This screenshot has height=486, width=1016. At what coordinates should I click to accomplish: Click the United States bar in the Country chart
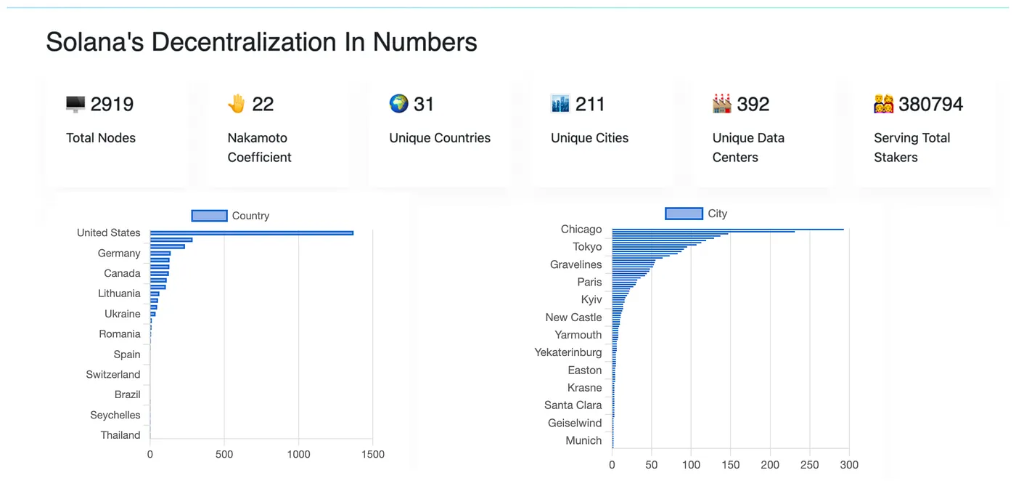click(x=251, y=233)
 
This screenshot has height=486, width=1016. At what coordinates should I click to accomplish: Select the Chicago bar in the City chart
click(x=727, y=230)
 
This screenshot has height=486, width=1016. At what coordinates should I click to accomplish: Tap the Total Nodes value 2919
click(x=112, y=105)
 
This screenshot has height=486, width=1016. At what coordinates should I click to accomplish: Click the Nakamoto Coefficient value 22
click(x=263, y=105)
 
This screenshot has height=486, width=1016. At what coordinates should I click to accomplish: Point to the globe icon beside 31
click(x=398, y=104)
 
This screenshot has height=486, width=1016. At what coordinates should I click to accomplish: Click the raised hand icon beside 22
click(x=237, y=104)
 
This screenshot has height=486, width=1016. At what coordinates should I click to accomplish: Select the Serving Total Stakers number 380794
click(x=930, y=105)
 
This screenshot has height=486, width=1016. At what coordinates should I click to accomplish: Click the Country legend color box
click(x=209, y=216)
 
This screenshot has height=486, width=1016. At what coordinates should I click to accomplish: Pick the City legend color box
click(x=684, y=214)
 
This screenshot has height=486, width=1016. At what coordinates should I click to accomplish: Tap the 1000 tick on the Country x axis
click(x=298, y=455)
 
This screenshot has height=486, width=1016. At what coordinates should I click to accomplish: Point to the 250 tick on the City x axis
click(x=809, y=465)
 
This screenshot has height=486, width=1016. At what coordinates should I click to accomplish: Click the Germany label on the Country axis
click(x=119, y=254)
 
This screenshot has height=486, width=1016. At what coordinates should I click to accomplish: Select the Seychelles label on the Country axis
click(x=115, y=416)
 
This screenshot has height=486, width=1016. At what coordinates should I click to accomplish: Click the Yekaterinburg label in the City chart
click(x=568, y=352)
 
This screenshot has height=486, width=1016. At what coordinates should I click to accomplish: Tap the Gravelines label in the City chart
click(x=576, y=264)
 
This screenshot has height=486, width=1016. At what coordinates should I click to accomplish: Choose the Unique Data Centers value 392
click(x=753, y=105)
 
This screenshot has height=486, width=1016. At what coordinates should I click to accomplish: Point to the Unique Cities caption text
click(x=589, y=138)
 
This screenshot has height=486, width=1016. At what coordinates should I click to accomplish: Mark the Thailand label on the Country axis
click(x=120, y=435)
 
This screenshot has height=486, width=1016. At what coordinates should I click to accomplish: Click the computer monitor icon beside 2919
click(x=75, y=105)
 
